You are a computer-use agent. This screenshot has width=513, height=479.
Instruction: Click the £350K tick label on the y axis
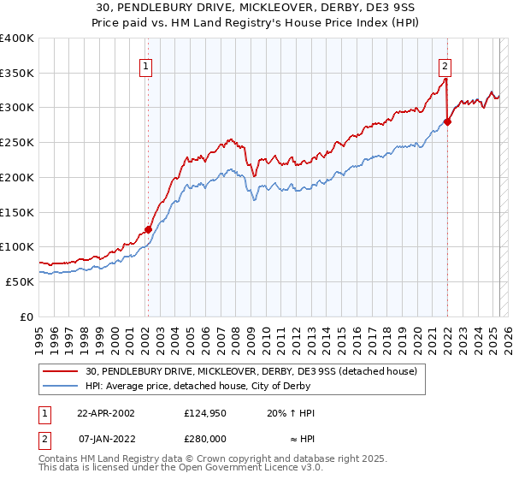[17, 74]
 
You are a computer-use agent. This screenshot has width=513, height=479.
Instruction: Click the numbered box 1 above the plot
[146, 66]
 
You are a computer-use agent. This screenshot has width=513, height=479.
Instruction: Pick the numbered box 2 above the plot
[446, 66]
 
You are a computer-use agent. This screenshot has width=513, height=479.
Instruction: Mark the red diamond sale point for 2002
[148, 229]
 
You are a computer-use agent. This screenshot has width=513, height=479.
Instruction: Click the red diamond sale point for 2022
[447, 121]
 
